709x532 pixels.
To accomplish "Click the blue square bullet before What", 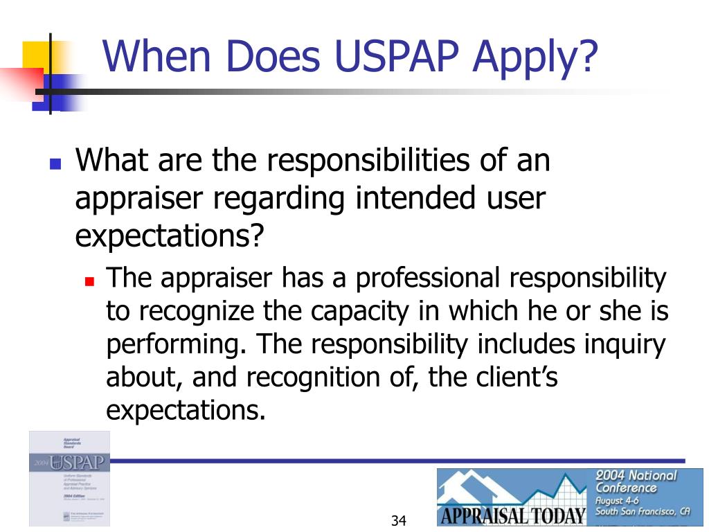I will click(x=55, y=165).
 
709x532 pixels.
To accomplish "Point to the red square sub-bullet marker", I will click(x=89, y=282).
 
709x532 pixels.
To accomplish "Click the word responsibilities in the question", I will click(x=361, y=161).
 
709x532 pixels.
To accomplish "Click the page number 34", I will click(x=398, y=520).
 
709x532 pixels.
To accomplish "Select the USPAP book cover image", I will click(x=69, y=478).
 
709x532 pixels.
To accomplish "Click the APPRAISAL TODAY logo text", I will click(x=513, y=516).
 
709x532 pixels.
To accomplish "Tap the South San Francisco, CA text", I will click(x=643, y=512).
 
